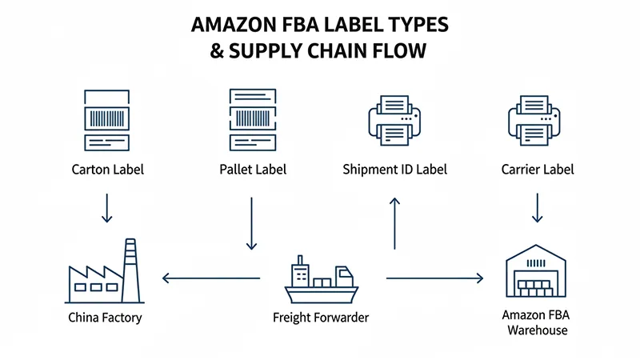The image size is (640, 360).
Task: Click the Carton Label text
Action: pyautogui.click(x=107, y=170)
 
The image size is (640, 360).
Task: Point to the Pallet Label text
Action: pyautogui.click(x=252, y=170)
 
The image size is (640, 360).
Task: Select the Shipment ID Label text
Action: pyautogui.click(x=394, y=170)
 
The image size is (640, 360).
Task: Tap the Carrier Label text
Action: pyautogui.click(x=537, y=170)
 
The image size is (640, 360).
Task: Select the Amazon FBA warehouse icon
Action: pyautogui.click(x=537, y=276)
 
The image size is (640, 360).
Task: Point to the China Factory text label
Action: pyautogui.click(x=106, y=318)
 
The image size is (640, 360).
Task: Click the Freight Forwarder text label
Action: pyautogui.click(x=321, y=318)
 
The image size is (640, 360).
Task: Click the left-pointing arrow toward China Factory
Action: pyautogui.click(x=211, y=278)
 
